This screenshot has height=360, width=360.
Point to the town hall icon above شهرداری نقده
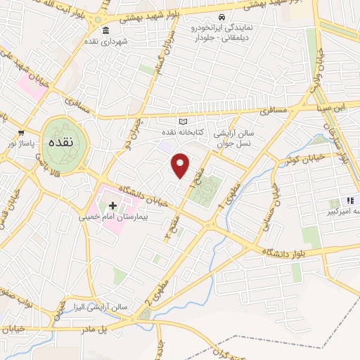[x=105, y=30]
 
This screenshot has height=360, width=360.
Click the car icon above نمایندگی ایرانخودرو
[x=221, y=17]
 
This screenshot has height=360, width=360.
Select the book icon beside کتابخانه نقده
[x=184, y=122]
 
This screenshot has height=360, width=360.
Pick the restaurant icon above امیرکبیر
[x=349, y=201]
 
